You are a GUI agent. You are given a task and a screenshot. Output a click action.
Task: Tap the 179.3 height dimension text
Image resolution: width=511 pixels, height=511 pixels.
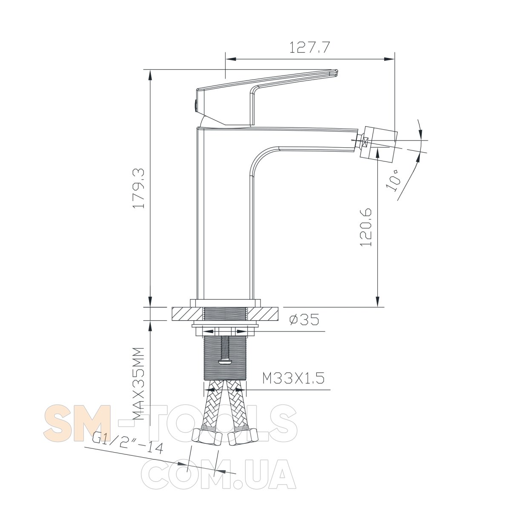tap(139, 188)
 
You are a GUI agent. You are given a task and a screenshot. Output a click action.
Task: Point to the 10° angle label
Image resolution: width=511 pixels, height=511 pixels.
tap(393, 181)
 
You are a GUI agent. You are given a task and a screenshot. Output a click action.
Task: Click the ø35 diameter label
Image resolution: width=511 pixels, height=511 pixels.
tap(304, 319)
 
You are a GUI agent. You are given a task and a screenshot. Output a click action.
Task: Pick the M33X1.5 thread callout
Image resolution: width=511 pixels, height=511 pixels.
tap(293, 378)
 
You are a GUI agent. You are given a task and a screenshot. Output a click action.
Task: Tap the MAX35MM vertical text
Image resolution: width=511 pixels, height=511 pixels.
tap(138, 383)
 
